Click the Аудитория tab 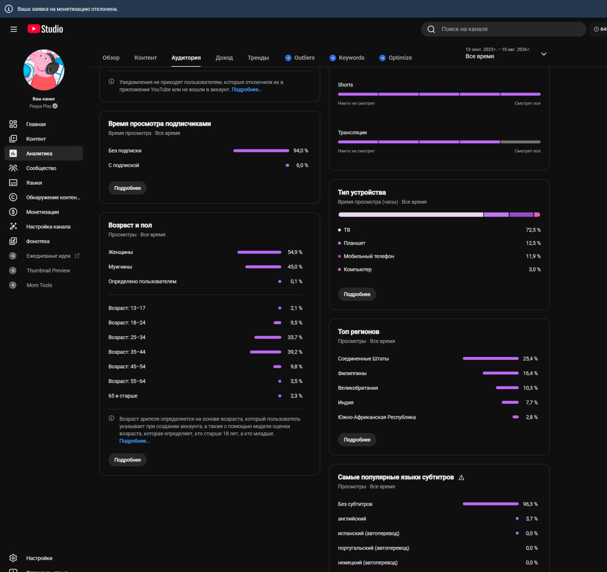click(186, 57)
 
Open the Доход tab click(224, 57)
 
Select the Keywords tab click(347, 57)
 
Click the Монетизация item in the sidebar click(43, 212)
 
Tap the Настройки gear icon click(13, 558)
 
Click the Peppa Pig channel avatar click(44, 70)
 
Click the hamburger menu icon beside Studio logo click(14, 29)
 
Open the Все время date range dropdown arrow click(544, 54)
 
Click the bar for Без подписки click(261, 150)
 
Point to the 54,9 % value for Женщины click(295, 252)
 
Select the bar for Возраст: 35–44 click(265, 352)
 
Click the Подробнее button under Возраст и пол click(128, 459)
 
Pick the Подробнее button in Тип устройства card click(357, 294)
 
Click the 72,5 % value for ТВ click(533, 230)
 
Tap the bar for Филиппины click(500, 373)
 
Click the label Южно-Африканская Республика click(377, 417)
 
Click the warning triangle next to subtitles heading click(461, 478)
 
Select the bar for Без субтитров click(490, 504)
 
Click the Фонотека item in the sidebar click(37, 241)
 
